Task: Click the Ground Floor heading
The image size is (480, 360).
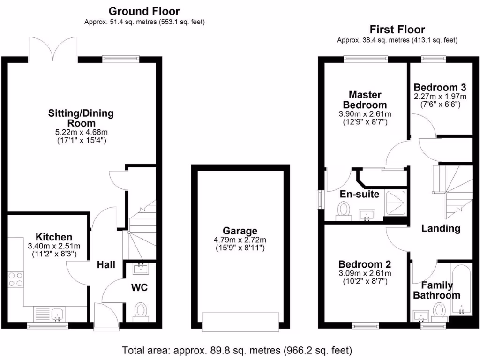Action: [144, 11]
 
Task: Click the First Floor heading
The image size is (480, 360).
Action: [397, 30]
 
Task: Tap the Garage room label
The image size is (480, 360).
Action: [240, 231]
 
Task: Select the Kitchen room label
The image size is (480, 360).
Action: [54, 237]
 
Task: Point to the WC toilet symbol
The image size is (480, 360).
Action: [140, 310]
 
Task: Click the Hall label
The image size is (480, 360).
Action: [106, 265]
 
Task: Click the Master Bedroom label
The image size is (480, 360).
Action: [365, 100]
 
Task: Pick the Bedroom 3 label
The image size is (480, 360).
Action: [440, 87]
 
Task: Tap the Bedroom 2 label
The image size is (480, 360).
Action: [365, 264]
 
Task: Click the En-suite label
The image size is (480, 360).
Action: [360, 194]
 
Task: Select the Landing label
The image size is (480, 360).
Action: [441, 228]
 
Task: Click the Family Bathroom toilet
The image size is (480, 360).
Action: [439, 309]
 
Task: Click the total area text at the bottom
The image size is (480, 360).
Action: [237, 350]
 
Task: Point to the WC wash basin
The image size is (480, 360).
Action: [140, 269]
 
